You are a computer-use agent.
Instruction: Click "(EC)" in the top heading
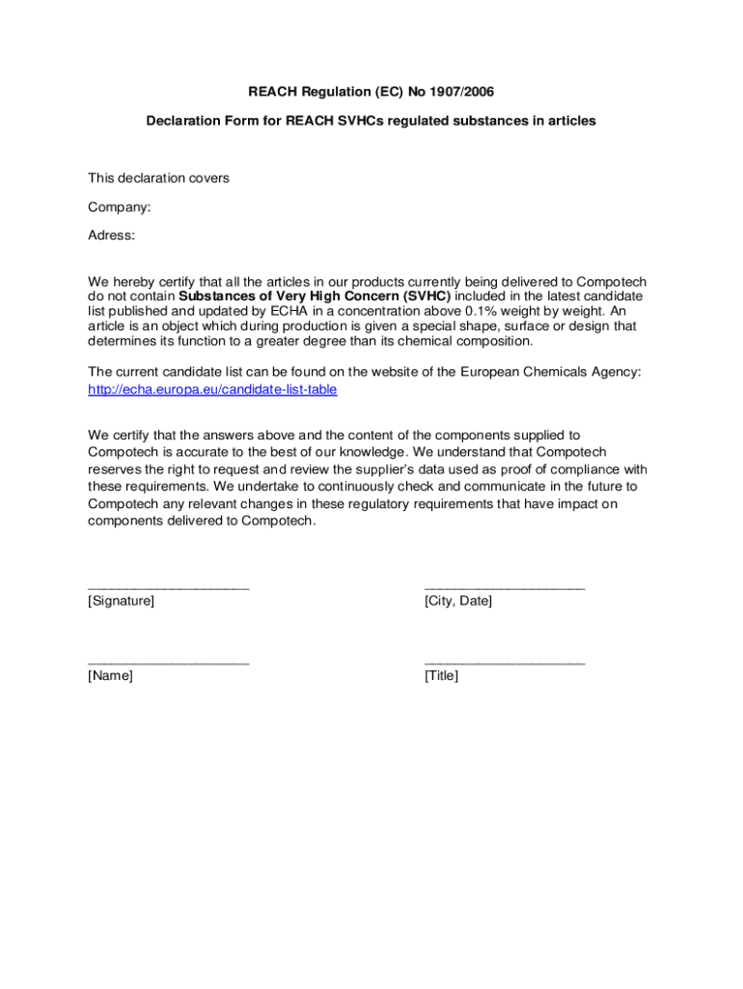[385, 92]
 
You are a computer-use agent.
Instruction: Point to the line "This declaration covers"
[158, 178]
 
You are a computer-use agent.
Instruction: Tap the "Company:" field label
[119, 207]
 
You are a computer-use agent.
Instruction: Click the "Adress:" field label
[112, 235]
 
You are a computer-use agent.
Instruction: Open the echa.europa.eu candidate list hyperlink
[212, 389]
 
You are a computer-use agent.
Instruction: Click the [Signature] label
[121, 602]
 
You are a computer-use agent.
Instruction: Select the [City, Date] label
[457, 602]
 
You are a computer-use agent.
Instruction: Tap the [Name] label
[110, 676]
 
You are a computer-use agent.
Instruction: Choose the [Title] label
[441, 676]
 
